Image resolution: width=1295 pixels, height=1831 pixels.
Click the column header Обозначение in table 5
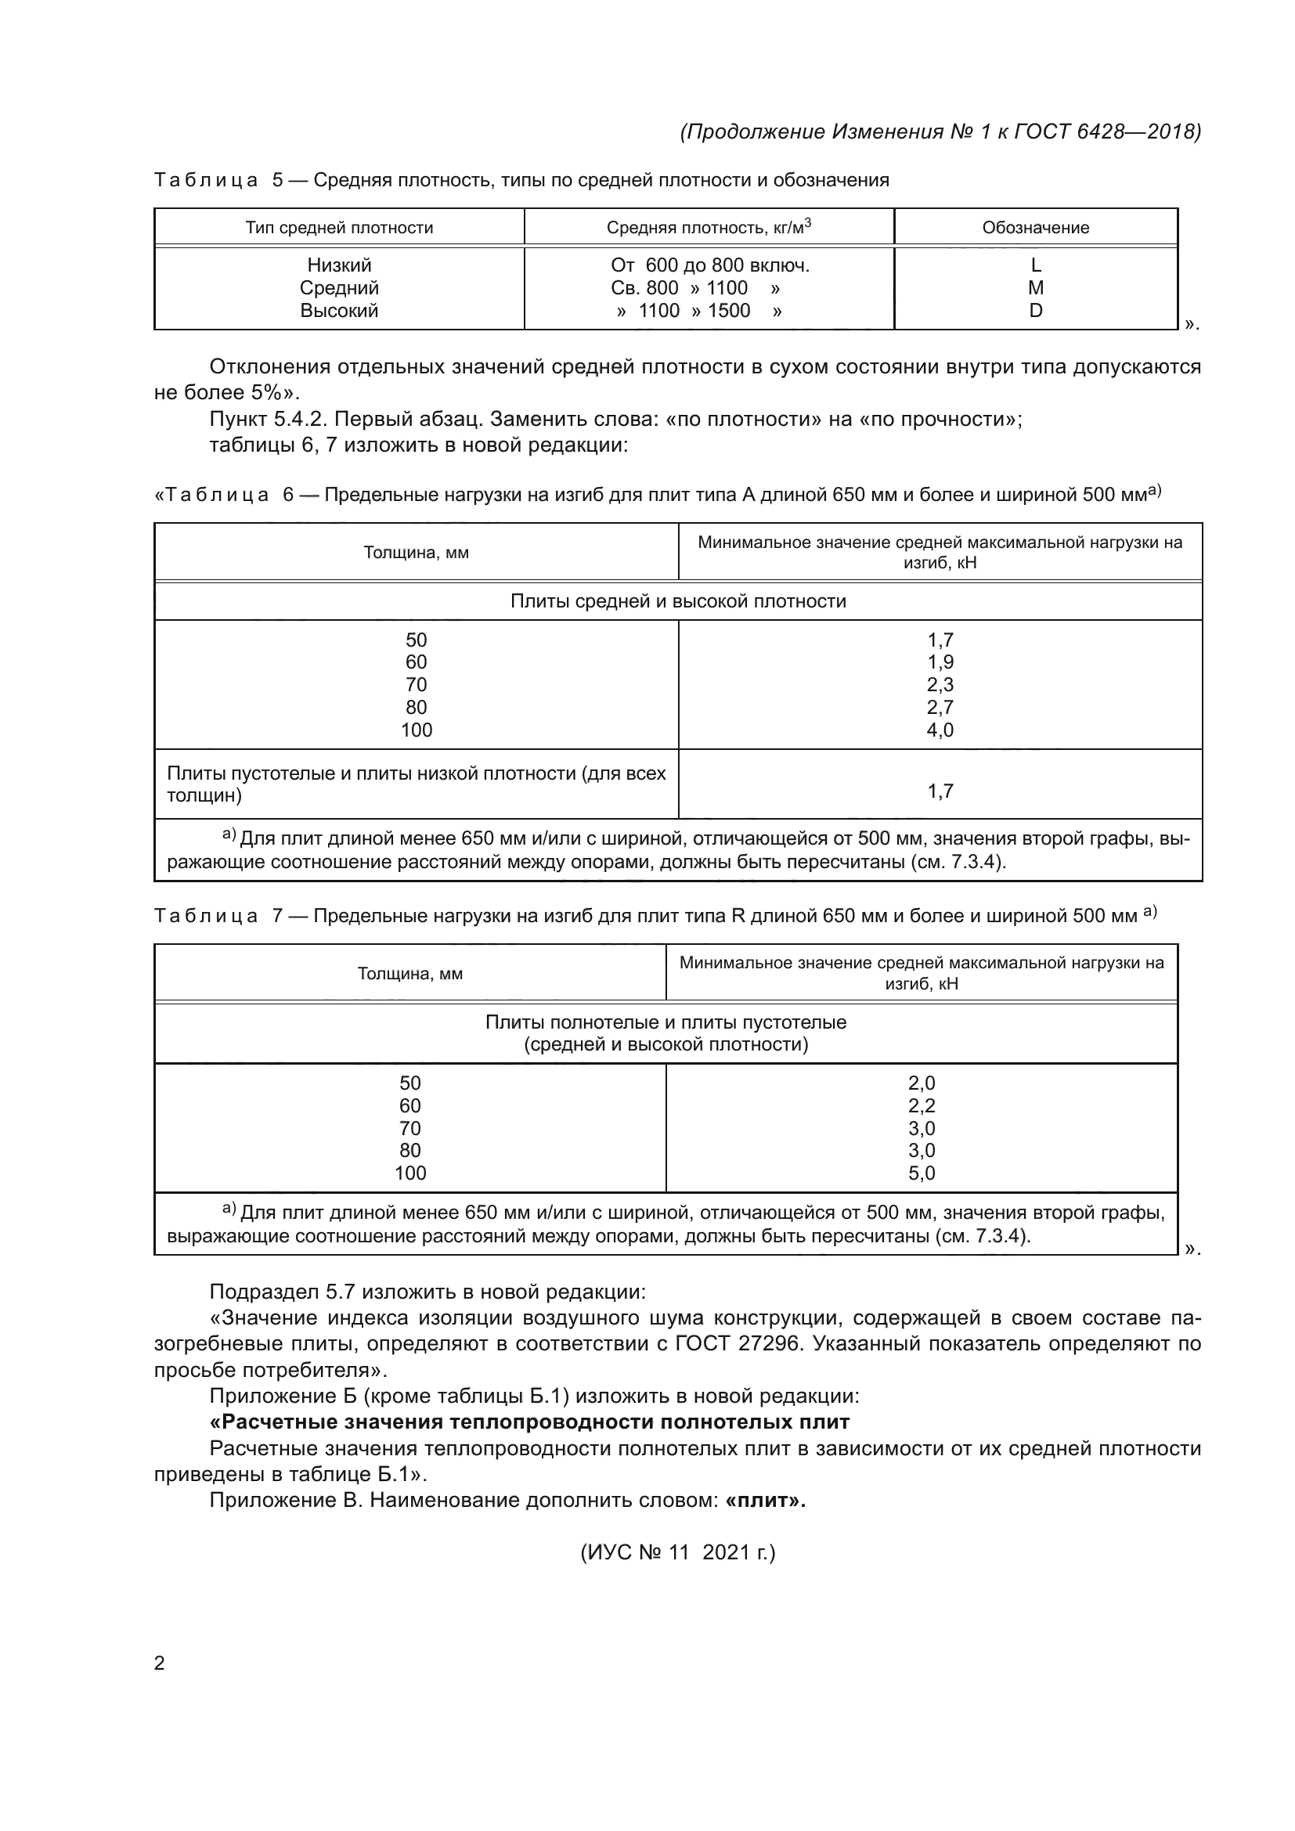[x=1035, y=227]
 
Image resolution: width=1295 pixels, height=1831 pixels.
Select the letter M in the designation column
[x=1035, y=288]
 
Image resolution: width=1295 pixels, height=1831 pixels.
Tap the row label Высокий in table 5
[x=339, y=310]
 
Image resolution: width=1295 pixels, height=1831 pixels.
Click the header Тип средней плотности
[x=339, y=227]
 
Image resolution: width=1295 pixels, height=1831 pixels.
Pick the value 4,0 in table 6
[x=940, y=730]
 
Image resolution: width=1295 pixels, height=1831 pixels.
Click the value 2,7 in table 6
[x=940, y=708]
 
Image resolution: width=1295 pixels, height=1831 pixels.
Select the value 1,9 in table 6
[x=940, y=662]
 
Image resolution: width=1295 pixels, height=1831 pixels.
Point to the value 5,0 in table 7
[x=921, y=1173]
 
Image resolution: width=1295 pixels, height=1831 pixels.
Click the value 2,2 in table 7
[x=921, y=1105]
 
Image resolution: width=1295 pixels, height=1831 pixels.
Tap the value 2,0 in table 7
[x=921, y=1083]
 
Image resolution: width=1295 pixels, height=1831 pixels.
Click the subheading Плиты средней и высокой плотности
[x=678, y=601]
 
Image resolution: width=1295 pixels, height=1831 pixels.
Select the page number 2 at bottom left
[x=159, y=1663]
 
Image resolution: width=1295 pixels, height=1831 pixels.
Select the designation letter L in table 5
[x=1035, y=265]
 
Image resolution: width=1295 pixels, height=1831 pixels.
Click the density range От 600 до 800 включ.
[x=709, y=265]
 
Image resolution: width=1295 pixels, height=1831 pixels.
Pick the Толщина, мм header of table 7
[x=409, y=974]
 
